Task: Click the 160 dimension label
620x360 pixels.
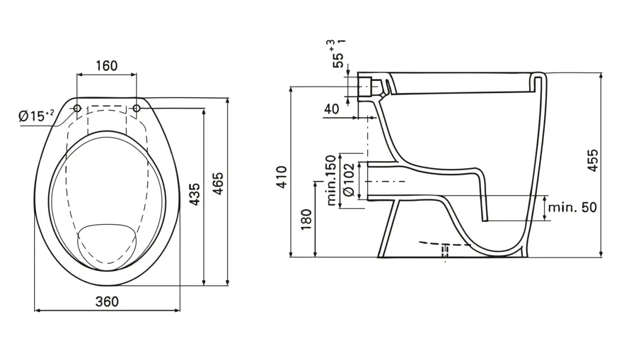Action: (x=106, y=66)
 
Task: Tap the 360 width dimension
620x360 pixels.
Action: (x=107, y=301)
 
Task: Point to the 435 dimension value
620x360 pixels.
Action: (x=194, y=195)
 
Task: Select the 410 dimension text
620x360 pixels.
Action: (x=282, y=176)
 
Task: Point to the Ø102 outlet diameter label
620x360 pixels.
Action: (x=348, y=180)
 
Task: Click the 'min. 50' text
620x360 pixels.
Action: (x=571, y=207)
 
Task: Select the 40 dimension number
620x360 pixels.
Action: (x=331, y=109)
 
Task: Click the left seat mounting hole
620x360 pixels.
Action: (x=78, y=108)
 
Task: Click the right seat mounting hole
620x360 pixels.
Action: (x=136, y=108)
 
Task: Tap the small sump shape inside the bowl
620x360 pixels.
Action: (x=107, y=244)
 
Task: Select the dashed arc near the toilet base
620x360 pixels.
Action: (x=446, y=244)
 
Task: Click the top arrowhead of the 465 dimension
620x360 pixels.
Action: (x=228, y=101)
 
